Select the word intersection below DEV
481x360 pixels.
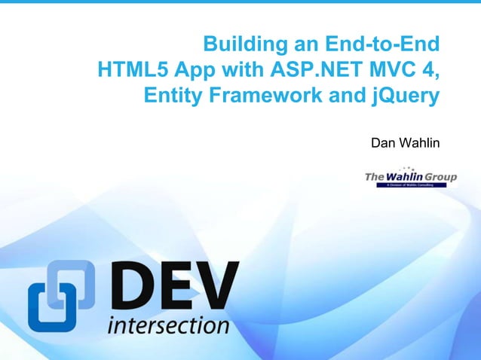coord(168,326)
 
